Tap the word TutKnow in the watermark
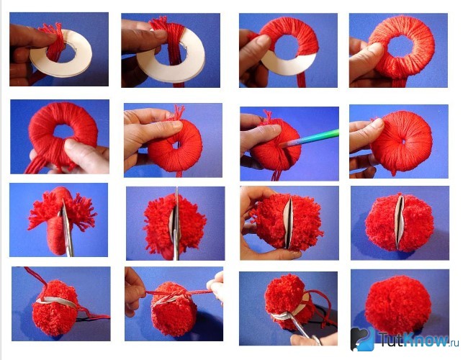point(414,339)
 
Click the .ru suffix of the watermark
point(454,343)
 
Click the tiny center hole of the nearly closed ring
point(403,142)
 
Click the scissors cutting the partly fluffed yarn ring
point(67,228)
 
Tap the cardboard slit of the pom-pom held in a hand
point(288,223)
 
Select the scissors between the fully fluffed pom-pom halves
point(176,224)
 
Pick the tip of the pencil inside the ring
point(281,145)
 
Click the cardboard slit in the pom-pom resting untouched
point(399,222)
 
